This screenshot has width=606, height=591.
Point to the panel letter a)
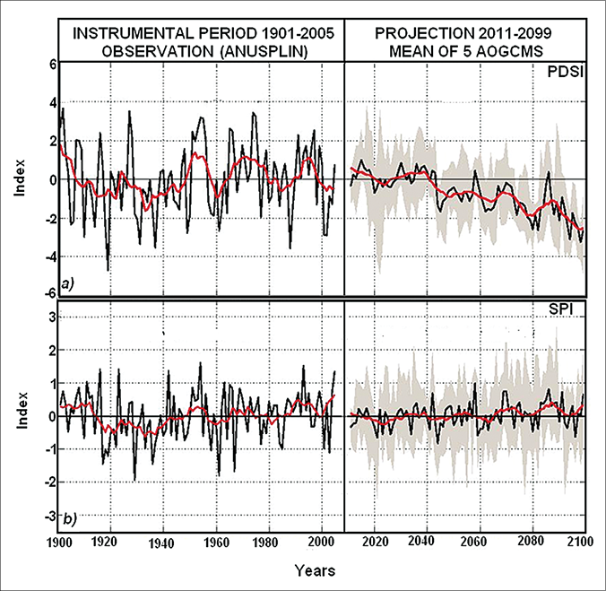[65, 284]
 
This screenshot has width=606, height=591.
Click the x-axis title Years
[314, 569]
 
